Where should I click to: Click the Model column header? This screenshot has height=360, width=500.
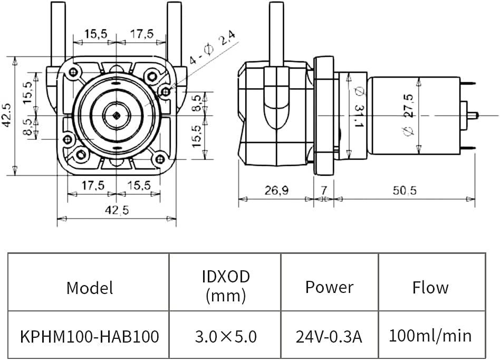pos(89,288)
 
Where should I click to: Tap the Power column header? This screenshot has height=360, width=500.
pos(329,287)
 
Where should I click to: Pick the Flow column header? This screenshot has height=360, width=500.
pos(430,288)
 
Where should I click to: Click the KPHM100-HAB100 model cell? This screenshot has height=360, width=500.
pos(89,336)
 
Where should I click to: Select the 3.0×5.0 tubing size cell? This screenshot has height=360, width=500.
pos(225,336)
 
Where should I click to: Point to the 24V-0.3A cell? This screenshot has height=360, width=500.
pos(329,336)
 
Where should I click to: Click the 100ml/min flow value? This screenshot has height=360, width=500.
pos(430,336)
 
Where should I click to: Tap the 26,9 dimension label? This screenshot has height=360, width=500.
pos(276,191)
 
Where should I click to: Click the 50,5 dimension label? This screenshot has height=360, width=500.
pos(404,191)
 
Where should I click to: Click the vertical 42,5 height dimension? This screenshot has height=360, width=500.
pos(7,115)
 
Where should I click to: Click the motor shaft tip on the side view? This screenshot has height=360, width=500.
pos(475,115)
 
